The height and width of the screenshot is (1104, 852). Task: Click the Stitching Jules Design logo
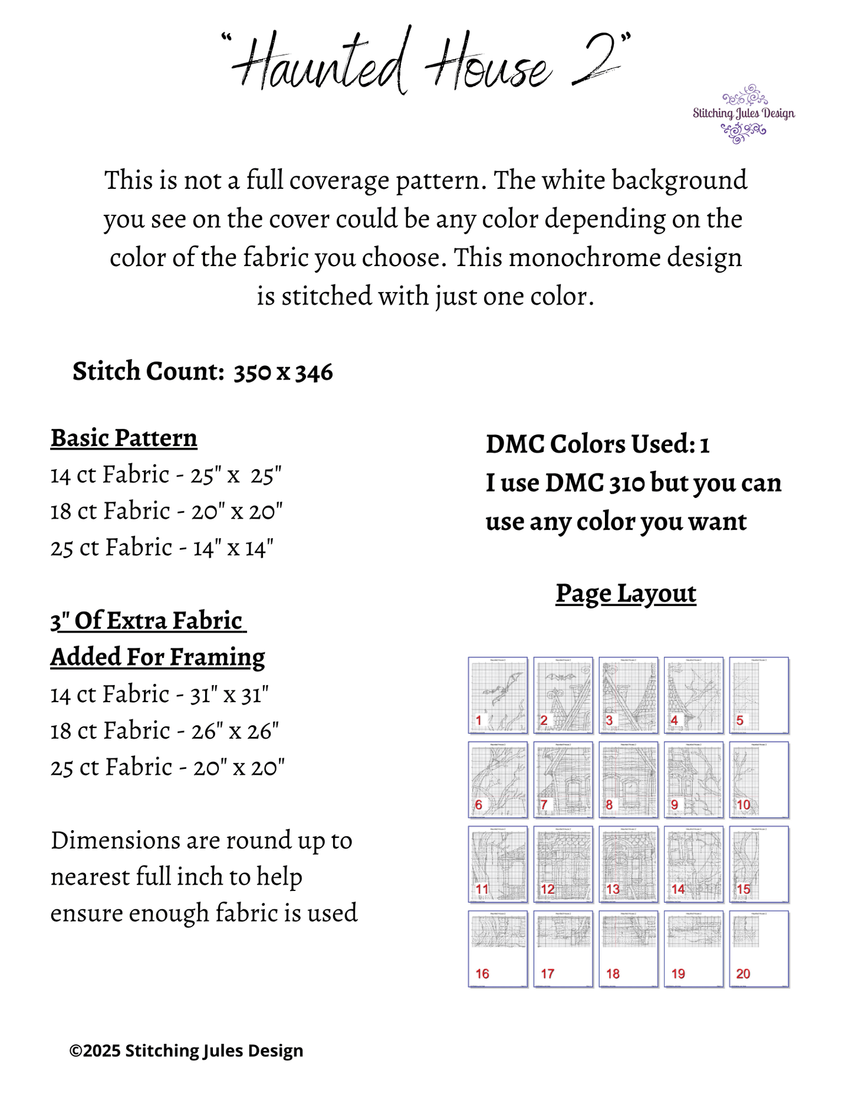tap(744, 114)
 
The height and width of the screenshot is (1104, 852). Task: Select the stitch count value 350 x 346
tap(283, 372)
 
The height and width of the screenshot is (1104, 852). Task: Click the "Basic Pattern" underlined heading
tap(124, 438)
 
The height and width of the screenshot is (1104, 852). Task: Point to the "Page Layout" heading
tap(626, 594)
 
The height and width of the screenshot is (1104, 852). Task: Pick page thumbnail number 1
tap(498, 695)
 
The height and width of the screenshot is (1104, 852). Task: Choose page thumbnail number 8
tap(629, 779)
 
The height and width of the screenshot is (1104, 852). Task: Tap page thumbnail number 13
tap(629, 864)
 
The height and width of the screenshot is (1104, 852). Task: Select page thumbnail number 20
tap(759, 948)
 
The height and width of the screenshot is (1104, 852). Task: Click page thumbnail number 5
tap(759, 695)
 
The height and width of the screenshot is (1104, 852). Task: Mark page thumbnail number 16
tap(498, 948)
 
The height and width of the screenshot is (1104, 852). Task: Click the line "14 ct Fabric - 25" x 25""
tap(166, 475)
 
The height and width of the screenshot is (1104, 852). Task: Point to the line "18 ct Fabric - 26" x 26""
tap(165, 731)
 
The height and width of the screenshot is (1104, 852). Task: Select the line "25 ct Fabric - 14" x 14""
tap(162, 548)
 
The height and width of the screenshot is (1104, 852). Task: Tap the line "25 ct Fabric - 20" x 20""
tap(167, 768)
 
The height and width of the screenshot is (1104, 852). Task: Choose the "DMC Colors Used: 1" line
tap(597, 444)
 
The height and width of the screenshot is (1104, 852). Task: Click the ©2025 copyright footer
tap(186, 1051)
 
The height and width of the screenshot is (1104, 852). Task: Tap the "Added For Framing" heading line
tap(157, 657)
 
